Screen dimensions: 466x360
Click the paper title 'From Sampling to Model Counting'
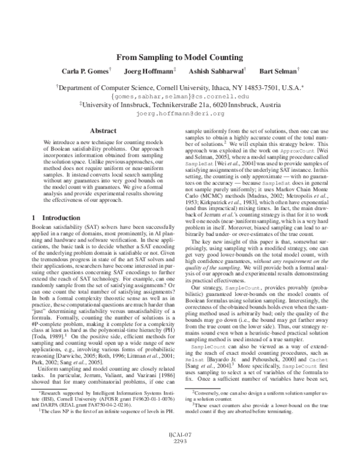(x=179, y=58)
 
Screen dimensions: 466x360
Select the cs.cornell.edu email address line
(x=180, y=95)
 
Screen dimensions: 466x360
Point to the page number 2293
(x=180, y=458)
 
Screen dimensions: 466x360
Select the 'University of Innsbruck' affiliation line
(x=180, y=104)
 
